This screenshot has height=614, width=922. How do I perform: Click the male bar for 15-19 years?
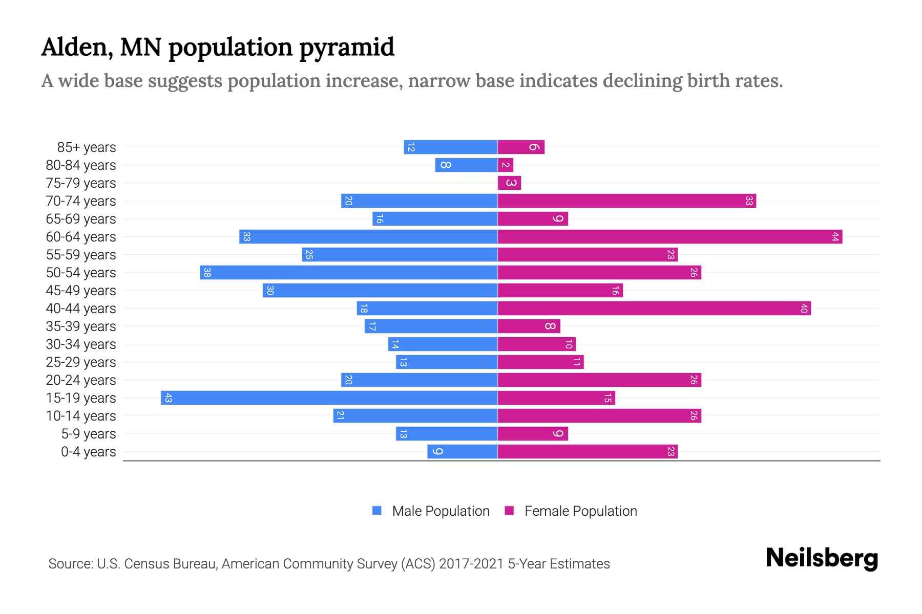(329, 398)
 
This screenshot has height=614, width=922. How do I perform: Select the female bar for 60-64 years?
(669, 237)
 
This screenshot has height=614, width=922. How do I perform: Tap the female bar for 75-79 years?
(509, 183)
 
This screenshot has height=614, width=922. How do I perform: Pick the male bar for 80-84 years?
(466, 165)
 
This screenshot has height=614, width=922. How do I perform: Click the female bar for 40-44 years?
(654, 309)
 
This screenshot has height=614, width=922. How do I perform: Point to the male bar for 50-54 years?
(348, 273)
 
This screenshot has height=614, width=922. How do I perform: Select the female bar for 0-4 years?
(588, 452)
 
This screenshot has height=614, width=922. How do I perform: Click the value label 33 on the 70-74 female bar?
(749, 201)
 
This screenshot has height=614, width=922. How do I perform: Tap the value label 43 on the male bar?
(168, 398)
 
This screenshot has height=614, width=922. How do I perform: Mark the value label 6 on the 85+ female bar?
(534, 147)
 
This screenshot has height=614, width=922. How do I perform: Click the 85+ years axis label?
(86, 147)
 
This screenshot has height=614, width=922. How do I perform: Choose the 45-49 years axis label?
(81, 291)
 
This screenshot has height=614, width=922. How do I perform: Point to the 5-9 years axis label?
(88, 434)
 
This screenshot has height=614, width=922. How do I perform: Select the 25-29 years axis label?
(81, 362)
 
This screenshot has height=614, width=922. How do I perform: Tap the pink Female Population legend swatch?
(509, 511)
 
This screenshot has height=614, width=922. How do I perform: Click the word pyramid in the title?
(346, 48)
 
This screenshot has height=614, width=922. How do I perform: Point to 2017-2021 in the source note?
(471, 564)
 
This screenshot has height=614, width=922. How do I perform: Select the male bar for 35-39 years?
(431, 326)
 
